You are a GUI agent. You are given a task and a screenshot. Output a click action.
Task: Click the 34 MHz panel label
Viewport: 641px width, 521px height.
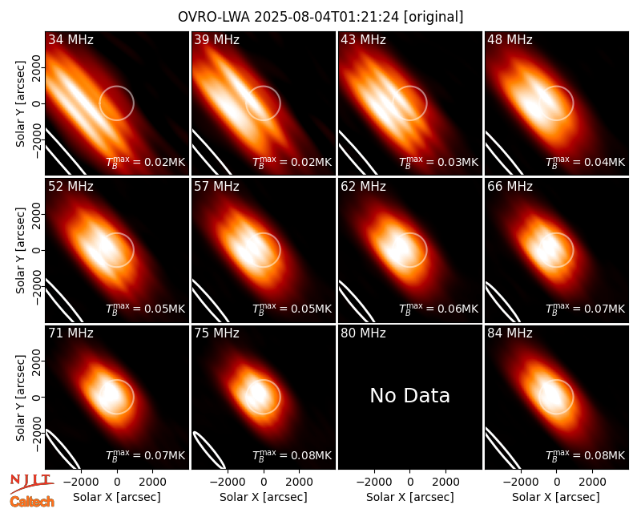coord(71,39)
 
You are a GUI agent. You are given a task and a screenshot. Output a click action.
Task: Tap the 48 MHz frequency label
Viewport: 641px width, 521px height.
coord(510,39)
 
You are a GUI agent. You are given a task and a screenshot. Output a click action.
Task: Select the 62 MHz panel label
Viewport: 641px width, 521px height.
coord(364,187)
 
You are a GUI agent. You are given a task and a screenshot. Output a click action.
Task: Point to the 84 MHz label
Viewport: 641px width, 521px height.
coord(510,333)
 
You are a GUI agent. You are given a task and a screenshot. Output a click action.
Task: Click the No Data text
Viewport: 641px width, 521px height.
coord(410,395)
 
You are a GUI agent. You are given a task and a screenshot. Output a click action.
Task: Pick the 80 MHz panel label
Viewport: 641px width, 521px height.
coord(364,333)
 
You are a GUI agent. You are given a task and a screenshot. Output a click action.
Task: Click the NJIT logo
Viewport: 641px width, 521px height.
coord(32,483)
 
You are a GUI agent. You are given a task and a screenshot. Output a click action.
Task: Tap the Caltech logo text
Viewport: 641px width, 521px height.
coord(32,502)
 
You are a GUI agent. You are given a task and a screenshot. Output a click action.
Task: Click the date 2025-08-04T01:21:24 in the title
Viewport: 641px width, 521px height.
coord(326,17)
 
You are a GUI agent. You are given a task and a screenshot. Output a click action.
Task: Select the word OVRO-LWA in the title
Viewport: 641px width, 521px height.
coord(214,17)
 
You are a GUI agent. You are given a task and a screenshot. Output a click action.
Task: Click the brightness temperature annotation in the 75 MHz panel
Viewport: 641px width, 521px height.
coord(292,455)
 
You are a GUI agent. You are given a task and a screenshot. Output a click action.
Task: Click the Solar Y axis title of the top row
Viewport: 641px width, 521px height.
coord(21,103)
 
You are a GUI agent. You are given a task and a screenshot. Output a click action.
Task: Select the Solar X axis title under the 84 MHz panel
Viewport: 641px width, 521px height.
coord(556,497)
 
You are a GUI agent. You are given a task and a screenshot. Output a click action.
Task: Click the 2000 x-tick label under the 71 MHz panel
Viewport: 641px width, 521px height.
coord(152,482)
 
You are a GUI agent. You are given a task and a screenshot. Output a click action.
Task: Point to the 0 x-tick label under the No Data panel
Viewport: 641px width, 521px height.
coord(410,482)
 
